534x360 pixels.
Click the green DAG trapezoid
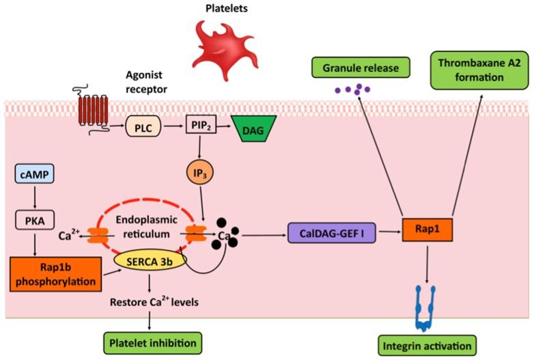click(253, 127)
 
